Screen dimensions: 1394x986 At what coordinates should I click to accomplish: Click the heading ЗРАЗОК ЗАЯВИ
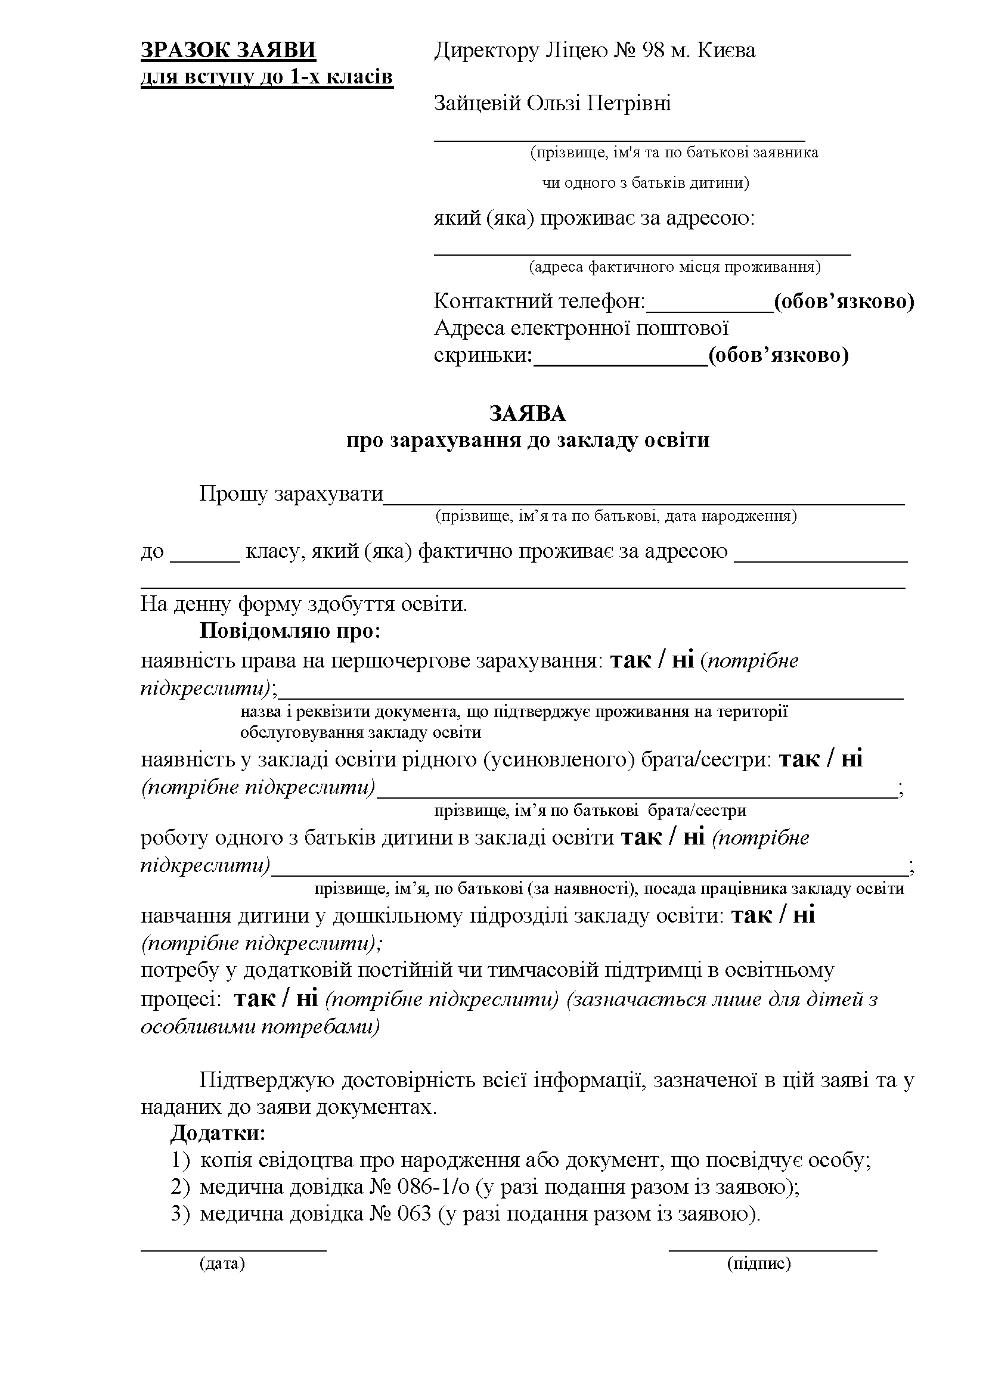(x=228, y=50)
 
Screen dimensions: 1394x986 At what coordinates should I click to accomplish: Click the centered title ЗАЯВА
(x=528, y=414)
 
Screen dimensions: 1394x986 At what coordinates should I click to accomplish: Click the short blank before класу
(x=205, y=560)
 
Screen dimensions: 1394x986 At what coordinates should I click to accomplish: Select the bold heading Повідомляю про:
(x=290, y=631)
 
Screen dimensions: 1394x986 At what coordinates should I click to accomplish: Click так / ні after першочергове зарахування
(x=652, y=660)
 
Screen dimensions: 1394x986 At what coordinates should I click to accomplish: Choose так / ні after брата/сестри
(x=821, y=759)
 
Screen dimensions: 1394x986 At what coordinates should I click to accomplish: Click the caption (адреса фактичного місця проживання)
(x=674, y=266)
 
